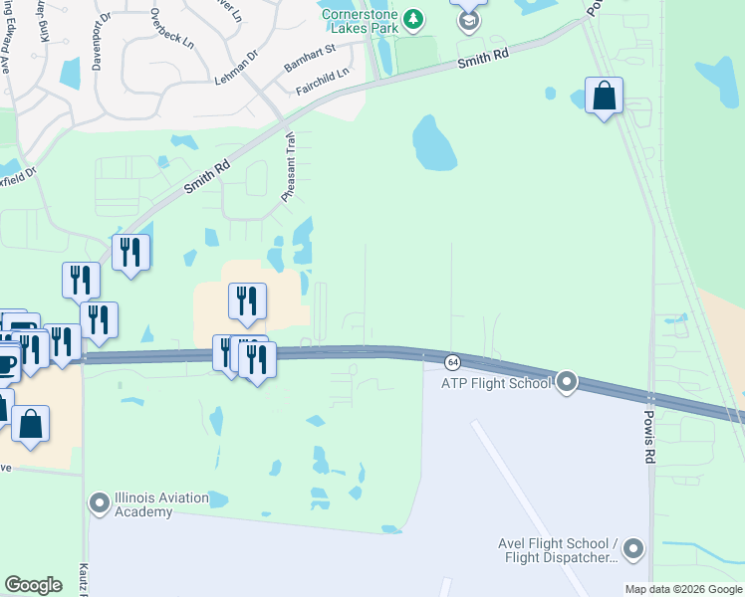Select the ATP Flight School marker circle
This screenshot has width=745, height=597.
[x=568, y=382]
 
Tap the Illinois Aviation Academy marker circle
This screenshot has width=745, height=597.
[x=99, y=503]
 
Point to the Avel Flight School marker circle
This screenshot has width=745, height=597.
[x=633, y=549]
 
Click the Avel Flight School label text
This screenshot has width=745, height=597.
[x=559, y=550]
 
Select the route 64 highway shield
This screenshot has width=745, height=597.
[x=452, y=360]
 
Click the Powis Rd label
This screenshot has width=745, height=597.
[x=649, y=440]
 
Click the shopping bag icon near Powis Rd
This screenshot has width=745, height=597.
[x=603, y=96]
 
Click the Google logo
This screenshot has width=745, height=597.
[x=34, y=585]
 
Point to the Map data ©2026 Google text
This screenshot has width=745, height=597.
[x=683, y=589]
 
